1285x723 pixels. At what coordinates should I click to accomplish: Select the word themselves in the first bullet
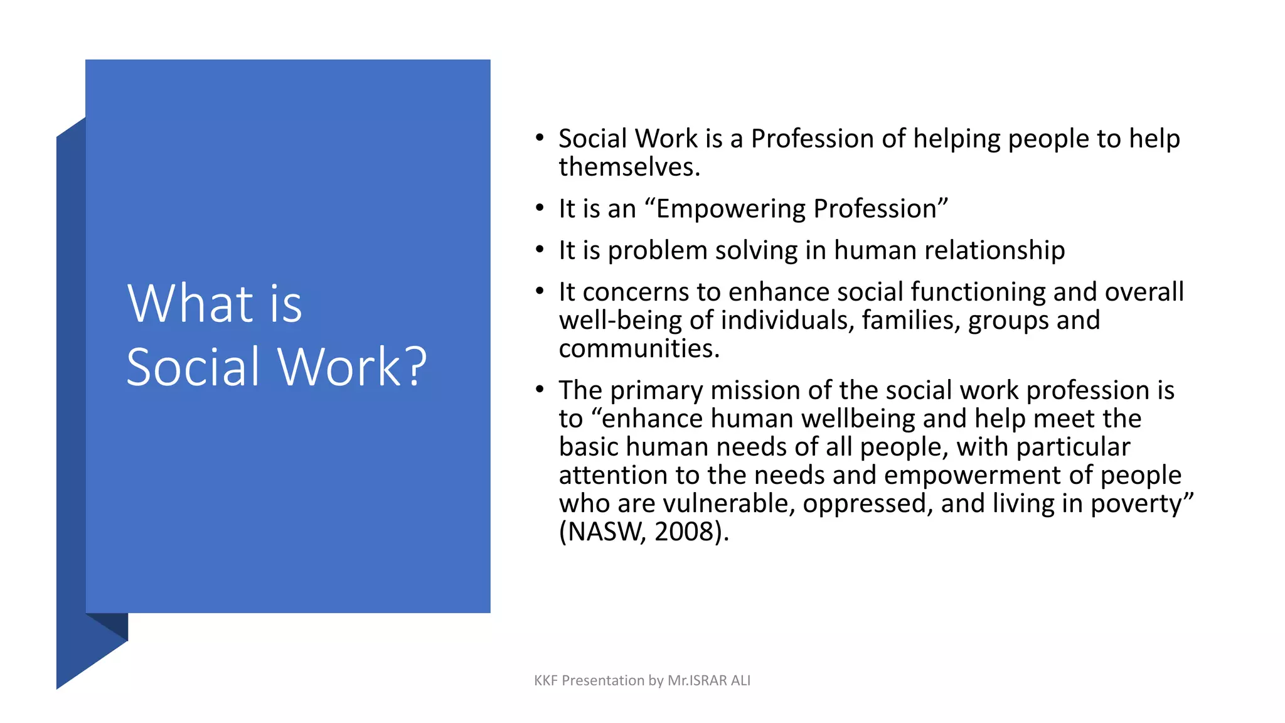click(x=629, y=168)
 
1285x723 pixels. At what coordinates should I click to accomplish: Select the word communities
click(x=639, y=349)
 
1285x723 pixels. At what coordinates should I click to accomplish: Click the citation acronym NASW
click(x=602, y=532)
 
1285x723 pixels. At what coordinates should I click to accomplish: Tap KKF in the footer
click(x=545, y=680)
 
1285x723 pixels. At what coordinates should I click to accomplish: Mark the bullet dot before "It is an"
click(x=540, y=208)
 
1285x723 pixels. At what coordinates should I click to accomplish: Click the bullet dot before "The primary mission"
click(x=540, y=389)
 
